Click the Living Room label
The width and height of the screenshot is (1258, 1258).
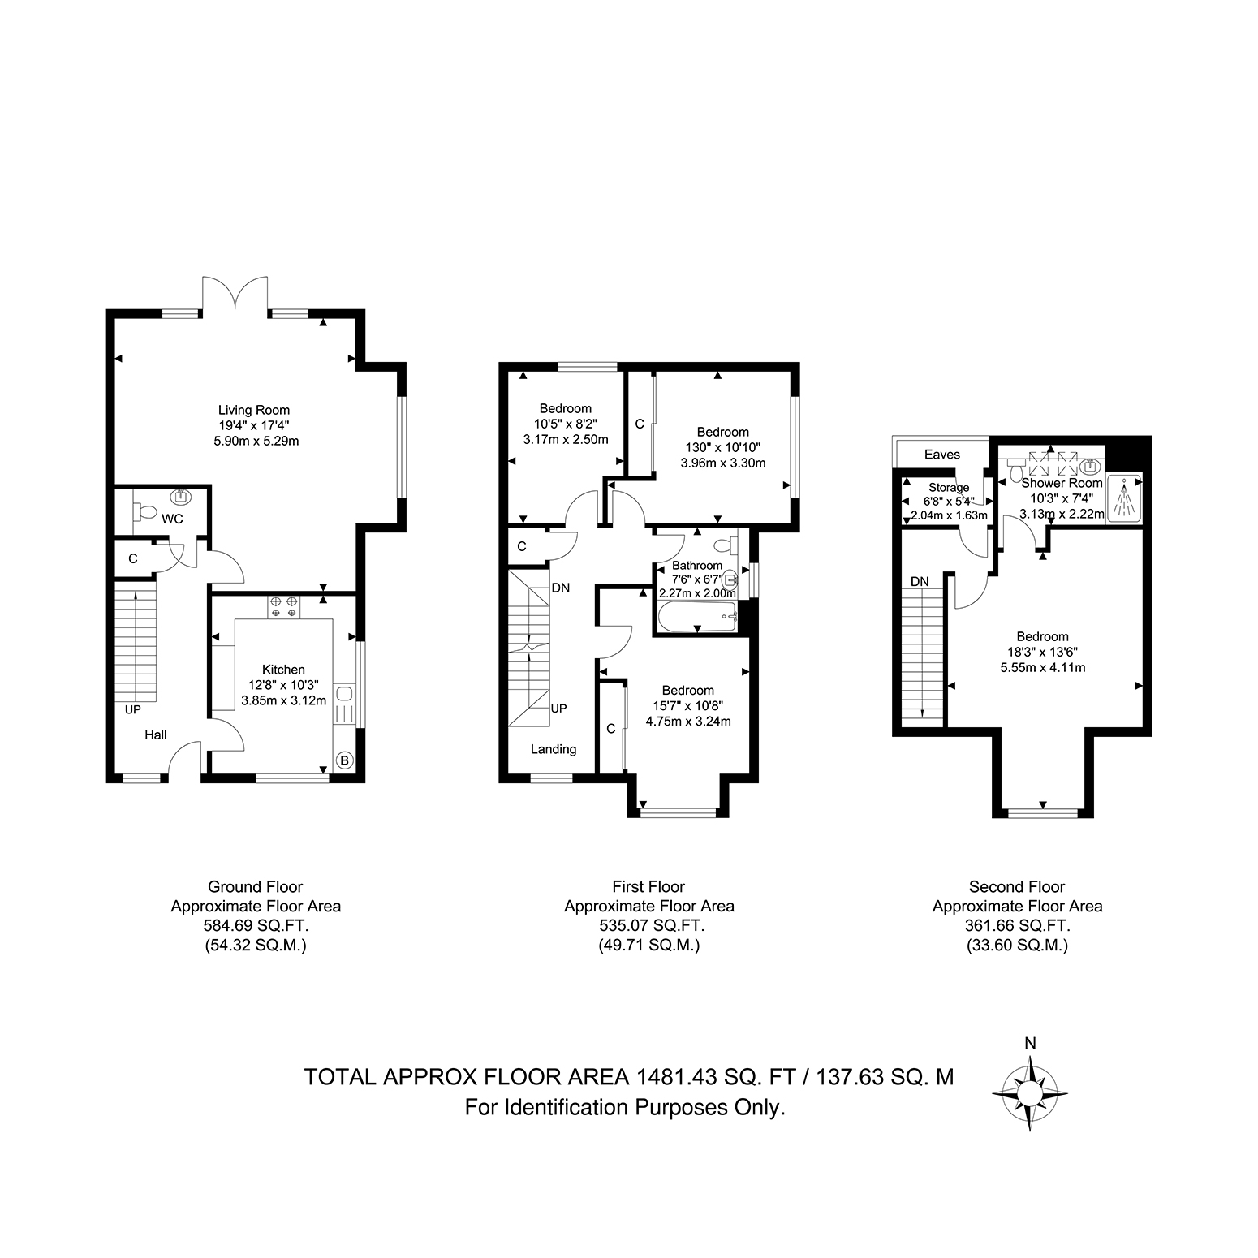[253, 410]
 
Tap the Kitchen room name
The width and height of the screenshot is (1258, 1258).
[283, 670]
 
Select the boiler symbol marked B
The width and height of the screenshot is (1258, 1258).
[344, 760]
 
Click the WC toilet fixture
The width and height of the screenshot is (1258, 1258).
[146, 512]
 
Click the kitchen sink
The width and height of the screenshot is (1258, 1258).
[343, 693]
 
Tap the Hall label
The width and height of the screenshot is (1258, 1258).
[156, 735]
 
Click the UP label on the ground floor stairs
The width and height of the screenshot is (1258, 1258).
[133, 709]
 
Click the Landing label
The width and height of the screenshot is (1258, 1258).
[554, 749]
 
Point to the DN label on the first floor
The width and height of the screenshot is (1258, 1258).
[561, 588]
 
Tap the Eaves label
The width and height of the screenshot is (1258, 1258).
[942, 455]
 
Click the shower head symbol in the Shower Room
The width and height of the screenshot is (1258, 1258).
[1124, 497]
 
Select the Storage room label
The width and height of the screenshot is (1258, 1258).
[949, 488]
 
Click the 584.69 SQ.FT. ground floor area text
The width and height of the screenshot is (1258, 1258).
[256, 925]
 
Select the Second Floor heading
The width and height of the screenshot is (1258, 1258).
[1017, 887]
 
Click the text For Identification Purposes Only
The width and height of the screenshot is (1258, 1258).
[625, 1107]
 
